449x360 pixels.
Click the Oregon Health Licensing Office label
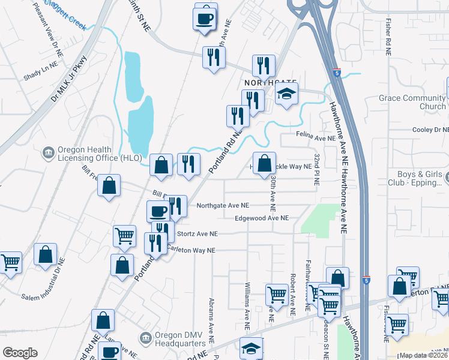coord(99,154)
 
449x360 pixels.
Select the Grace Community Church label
coord(411,102)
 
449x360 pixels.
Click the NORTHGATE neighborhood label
coord(270,82)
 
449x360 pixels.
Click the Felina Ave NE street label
coord(316,138)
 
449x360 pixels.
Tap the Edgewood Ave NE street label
coord(262,218)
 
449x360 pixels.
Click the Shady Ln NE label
coord(40,70)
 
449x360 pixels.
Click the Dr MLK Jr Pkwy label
coord(70,78)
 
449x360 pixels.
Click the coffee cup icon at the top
coord(205,18)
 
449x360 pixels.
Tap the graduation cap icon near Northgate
coord(287,94)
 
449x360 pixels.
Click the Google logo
coord(20,353)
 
